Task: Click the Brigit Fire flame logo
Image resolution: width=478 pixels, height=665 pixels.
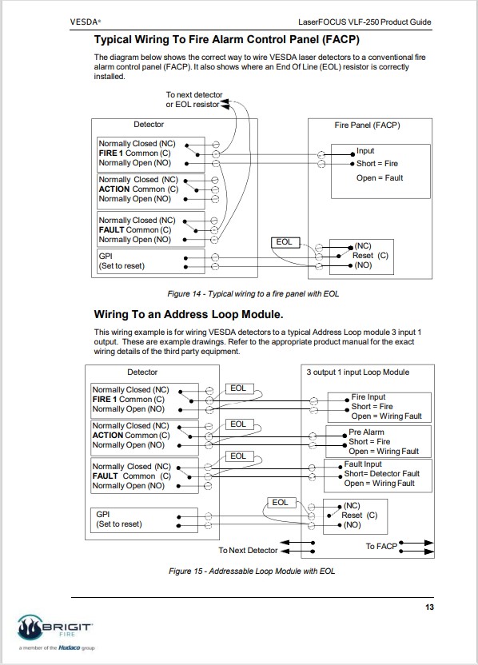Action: coord(30,627)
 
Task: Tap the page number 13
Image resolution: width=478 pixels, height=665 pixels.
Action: coord(429,607)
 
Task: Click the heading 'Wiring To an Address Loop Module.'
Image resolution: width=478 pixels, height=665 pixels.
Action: coord(189,314)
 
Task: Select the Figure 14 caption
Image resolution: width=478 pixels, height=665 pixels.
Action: coord(253,293)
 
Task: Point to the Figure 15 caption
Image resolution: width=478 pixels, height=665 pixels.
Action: coord(252,571)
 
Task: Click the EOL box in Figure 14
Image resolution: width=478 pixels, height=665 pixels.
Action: coord(285,242)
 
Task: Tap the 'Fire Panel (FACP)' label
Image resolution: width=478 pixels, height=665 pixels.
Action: coord(367,125)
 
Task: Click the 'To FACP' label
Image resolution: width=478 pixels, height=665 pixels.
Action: coord(380,546)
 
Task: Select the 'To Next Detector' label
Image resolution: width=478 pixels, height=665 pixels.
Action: coord(248,550)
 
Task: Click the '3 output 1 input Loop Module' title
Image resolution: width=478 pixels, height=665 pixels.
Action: coord(357,372)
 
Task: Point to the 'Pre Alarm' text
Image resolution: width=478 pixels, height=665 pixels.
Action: coord(366,432)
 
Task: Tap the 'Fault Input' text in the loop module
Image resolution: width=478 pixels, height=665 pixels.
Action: coord(363,464)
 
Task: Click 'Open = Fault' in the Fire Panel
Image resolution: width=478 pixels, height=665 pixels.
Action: coord(380,177)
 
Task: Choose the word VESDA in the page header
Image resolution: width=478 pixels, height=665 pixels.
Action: coord(85,22)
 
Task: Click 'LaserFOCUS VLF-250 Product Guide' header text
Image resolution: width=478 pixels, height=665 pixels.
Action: coord(364,22)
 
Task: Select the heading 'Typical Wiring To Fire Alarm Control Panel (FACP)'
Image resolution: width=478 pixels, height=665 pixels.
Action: coord(227,39)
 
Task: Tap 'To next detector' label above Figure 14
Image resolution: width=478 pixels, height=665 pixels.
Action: coord(193,94)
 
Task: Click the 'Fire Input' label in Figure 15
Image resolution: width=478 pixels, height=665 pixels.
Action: coord(368,397)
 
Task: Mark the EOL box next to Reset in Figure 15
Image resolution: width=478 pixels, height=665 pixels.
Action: coord(281,503)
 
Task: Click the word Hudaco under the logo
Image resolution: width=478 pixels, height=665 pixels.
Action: coord(69,647)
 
